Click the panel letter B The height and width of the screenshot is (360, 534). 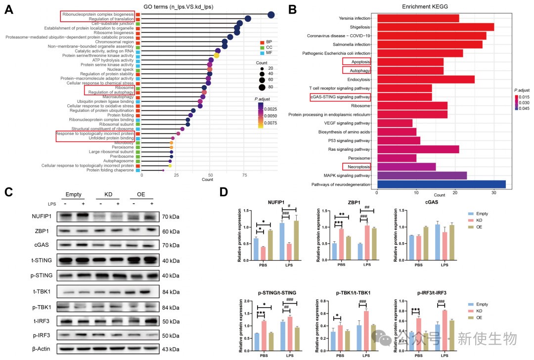click(292, 9)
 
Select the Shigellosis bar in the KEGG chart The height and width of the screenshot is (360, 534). click(435, 27)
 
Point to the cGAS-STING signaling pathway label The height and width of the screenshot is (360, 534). click(340, 97)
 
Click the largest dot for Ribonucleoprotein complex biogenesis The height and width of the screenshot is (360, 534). click(271, 15)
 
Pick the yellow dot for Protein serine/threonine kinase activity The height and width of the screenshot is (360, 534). click(217, 55)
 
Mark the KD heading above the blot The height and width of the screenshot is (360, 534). click(109, 194)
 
